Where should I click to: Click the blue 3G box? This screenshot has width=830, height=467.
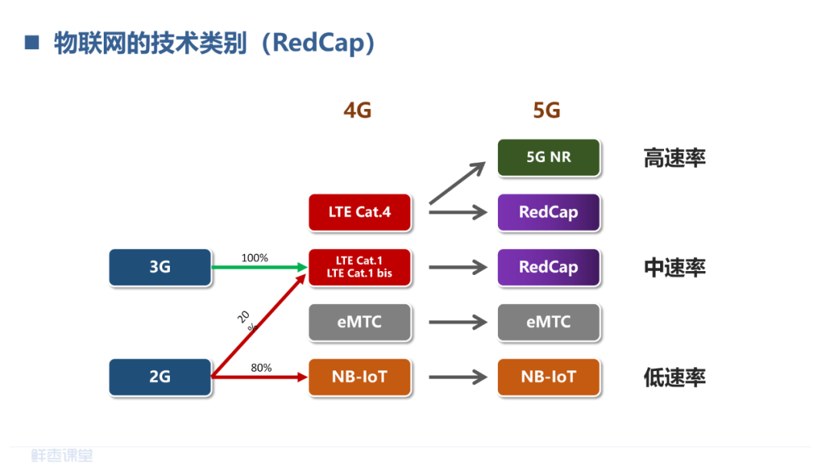tap(160, 267)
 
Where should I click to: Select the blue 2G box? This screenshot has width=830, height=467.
tap(160, 377)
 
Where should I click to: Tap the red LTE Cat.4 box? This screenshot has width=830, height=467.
tap(360, 212)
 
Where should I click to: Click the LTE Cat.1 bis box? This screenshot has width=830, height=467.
tap(360, 267)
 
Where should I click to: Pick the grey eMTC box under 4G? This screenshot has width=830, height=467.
tap(360, 323)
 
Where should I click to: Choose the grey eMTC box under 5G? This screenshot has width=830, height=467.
tap(548, 323)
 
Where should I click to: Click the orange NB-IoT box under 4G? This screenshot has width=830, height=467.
tap(360, 377)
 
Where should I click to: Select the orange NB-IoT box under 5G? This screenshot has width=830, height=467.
tap(548, 377)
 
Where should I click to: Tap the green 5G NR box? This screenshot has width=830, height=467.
tap(548, 157)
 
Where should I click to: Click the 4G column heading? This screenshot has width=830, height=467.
tap(357, 111)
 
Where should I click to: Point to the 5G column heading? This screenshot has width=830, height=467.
tap(546, 111)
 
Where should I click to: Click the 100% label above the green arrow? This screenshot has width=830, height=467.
tap(254, 258)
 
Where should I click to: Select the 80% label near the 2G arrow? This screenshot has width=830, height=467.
tap(261, 368)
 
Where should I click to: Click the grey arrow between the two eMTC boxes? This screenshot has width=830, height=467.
tap(458, 323)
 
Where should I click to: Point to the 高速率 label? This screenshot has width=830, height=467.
tap(674, 158)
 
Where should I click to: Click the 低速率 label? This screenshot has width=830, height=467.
tap(674, 378)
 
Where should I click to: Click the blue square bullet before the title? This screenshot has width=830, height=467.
tap(32, 42)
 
